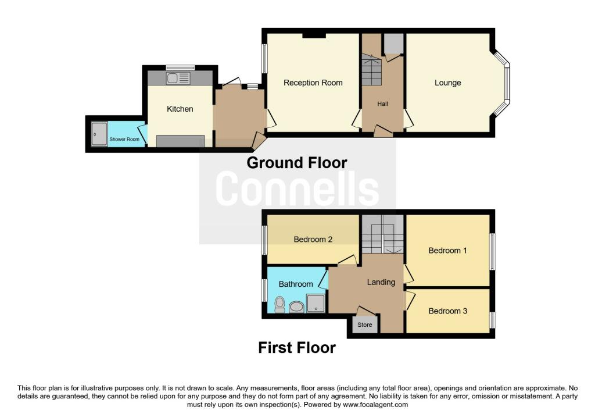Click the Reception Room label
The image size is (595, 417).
coord(313,83)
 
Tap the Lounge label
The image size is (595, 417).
coord(448,83)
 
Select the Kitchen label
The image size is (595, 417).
coord(180,109)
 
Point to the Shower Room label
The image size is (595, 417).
coord(124,140)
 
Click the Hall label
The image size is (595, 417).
coord(382,104)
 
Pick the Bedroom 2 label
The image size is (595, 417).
coord(313,239)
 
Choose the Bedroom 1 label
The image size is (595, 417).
coord(448,250)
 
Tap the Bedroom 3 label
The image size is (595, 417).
coord(448,311)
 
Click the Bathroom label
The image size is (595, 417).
coord(296,284)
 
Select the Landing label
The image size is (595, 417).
coord(381,282)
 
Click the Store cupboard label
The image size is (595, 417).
coord(365,325)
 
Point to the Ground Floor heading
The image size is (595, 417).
coord(297,162)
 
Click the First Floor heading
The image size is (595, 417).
coord(297,348)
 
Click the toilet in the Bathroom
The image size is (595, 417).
coord(279,305)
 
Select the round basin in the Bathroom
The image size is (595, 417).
coord(297,307)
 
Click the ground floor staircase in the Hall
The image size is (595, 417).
coord(371,70)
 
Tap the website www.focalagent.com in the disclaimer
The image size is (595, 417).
coord(375,405)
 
